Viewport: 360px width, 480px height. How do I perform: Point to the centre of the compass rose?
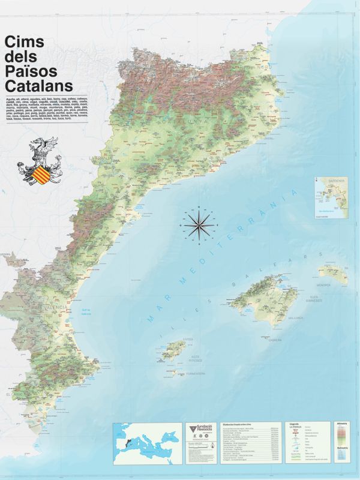pos(198,224)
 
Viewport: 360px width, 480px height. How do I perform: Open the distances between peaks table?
pos(250,443)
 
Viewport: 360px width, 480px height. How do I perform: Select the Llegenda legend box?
pos(307,443)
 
